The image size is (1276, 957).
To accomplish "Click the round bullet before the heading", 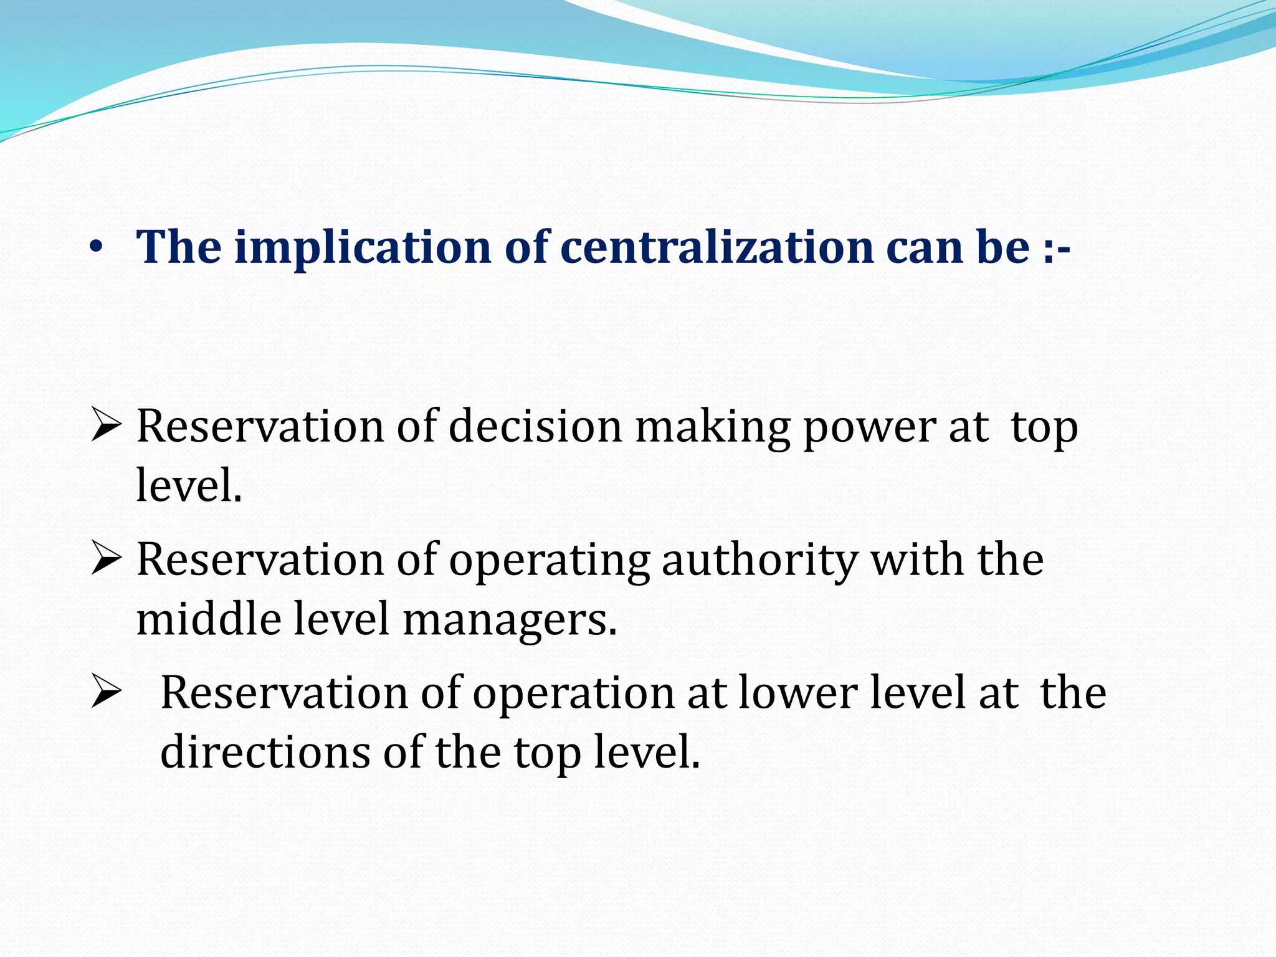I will [x=95, y=248].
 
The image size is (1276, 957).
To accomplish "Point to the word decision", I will [x=535, y=427].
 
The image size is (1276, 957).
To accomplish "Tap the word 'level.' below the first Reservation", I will [x=189, y=485].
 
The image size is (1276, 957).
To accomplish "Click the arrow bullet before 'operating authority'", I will [x=105, y=558].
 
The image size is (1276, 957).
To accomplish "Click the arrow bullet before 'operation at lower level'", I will [x=105, y=692].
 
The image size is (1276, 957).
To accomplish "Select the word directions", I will [x=265, y=752].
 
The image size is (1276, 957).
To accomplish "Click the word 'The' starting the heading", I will [x=179, y=247].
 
